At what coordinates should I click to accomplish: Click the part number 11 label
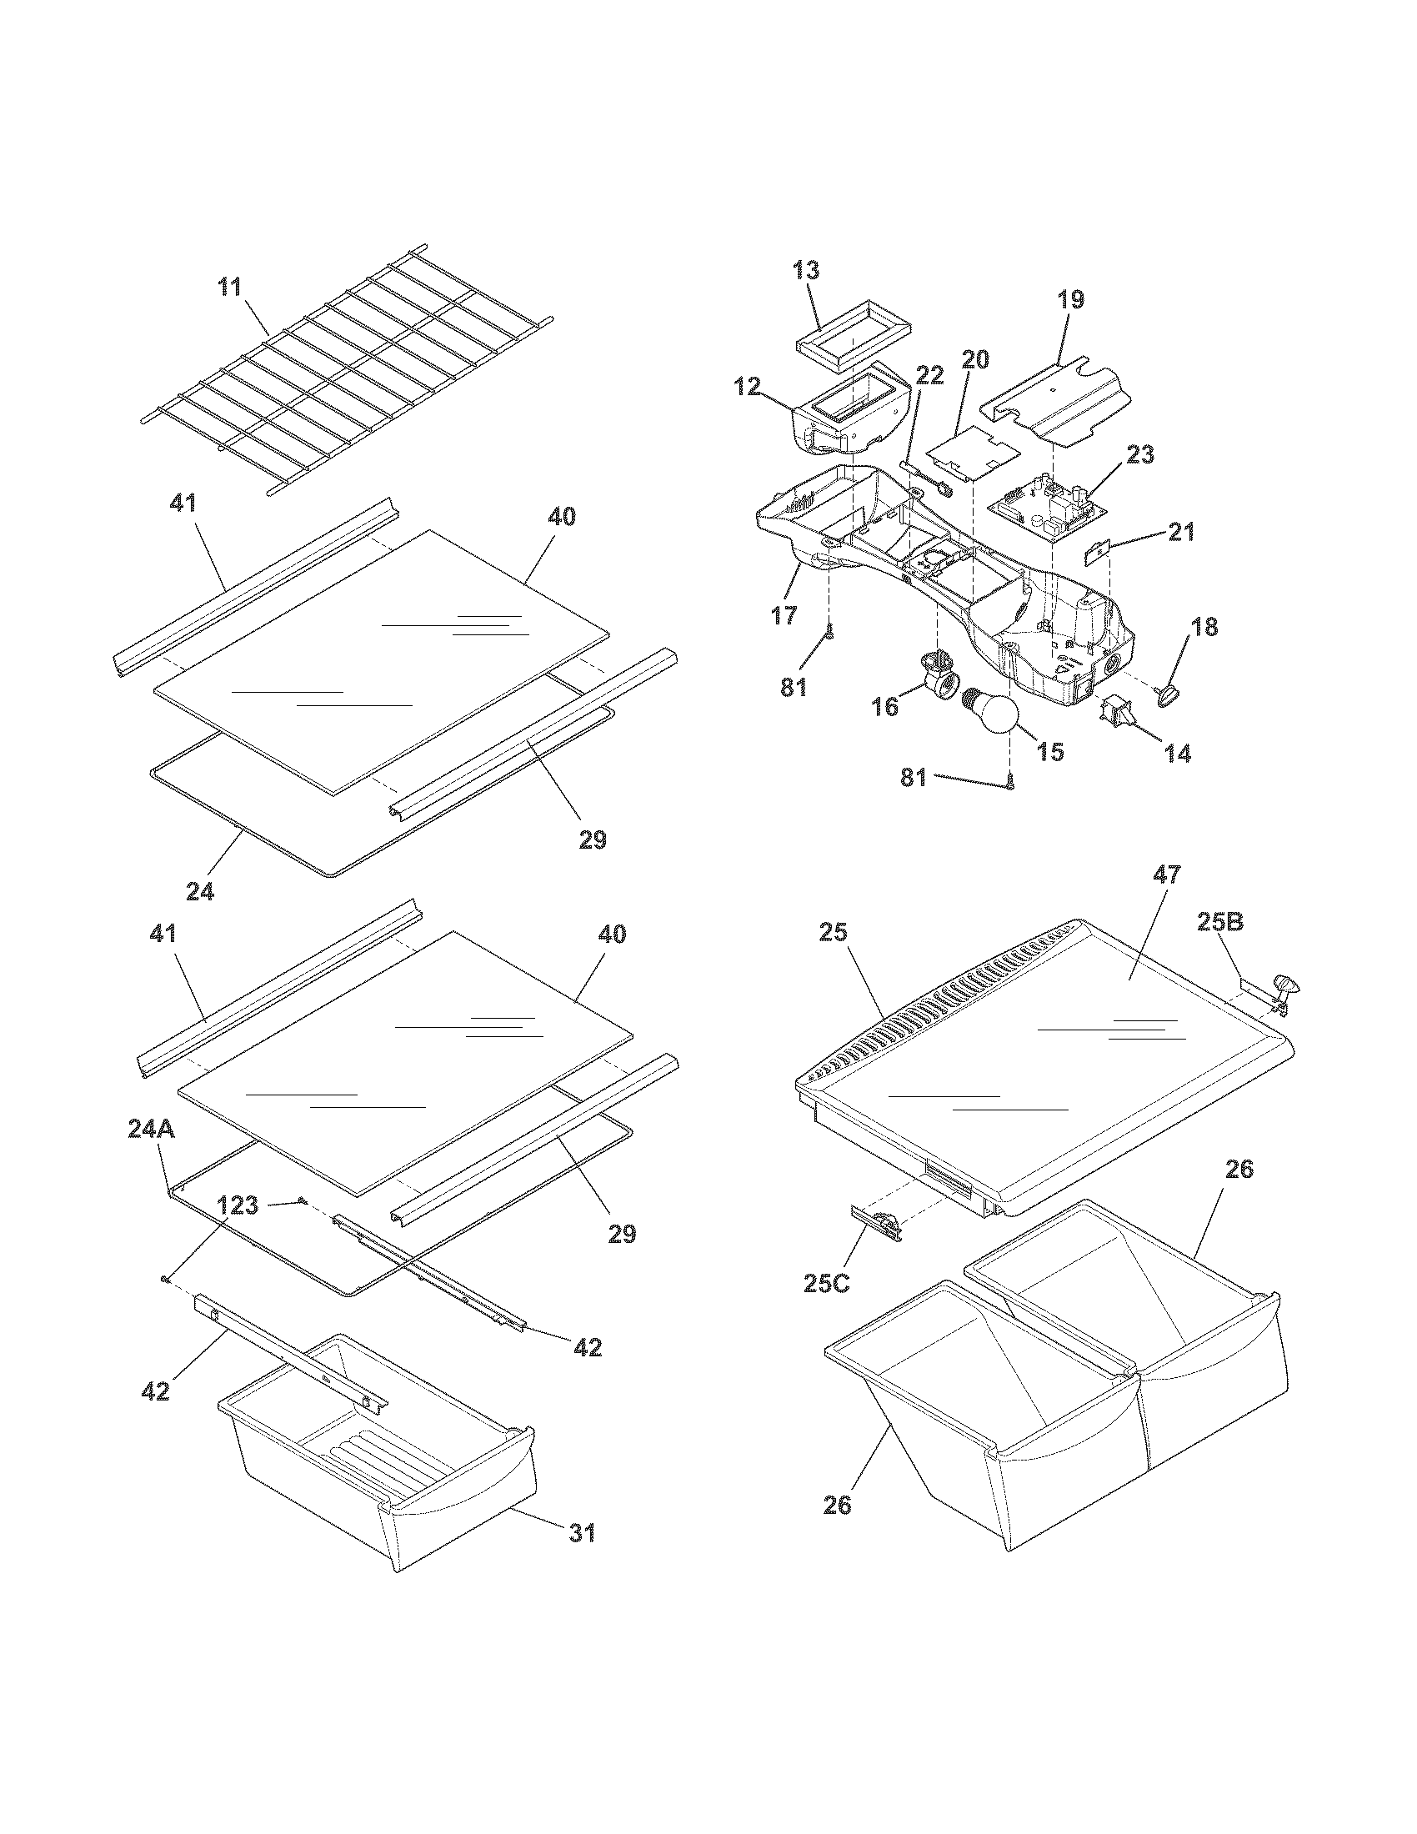(x=229, y=288)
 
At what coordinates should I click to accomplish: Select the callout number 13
(x=806, y=270)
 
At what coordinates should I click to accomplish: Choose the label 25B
(x=1219, y=923)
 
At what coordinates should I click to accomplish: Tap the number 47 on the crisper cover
(x=1166, y=875)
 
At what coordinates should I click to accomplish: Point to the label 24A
(x=152, y=1130)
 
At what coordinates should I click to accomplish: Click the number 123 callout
(x=238, y=1206)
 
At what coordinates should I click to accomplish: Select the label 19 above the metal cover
(x=1071, y=299)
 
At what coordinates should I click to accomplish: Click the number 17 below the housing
(x=784, y=616)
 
